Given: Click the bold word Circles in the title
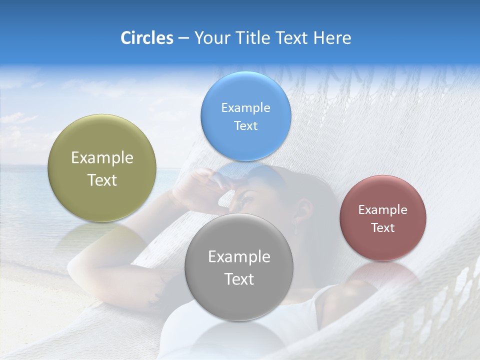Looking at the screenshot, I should pyautogui.click(x=146, y=38).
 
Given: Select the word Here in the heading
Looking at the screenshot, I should pyautogui.click(x=332, y=38).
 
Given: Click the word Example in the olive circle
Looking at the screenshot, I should pyautogui.click(x=102, y=158).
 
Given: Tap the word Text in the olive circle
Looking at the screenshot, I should pyautogui.click(x=102, y=180).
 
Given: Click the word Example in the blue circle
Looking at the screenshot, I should pyautogui.click(x=245, y=108).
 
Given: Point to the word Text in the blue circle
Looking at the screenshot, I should pyautogui.click(x=245, y=126).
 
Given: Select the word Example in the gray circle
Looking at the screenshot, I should pyautogui.click(x=239, y=257).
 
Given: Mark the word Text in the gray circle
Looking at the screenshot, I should pyautogui.click(x=239, y=279).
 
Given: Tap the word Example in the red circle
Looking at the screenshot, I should pyautogui.click(x=383, y=210).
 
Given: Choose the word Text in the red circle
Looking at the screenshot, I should pyautogui.click(x=383, y=228).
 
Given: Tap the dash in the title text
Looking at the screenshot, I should pyautogui.click(x=183, y=38).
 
